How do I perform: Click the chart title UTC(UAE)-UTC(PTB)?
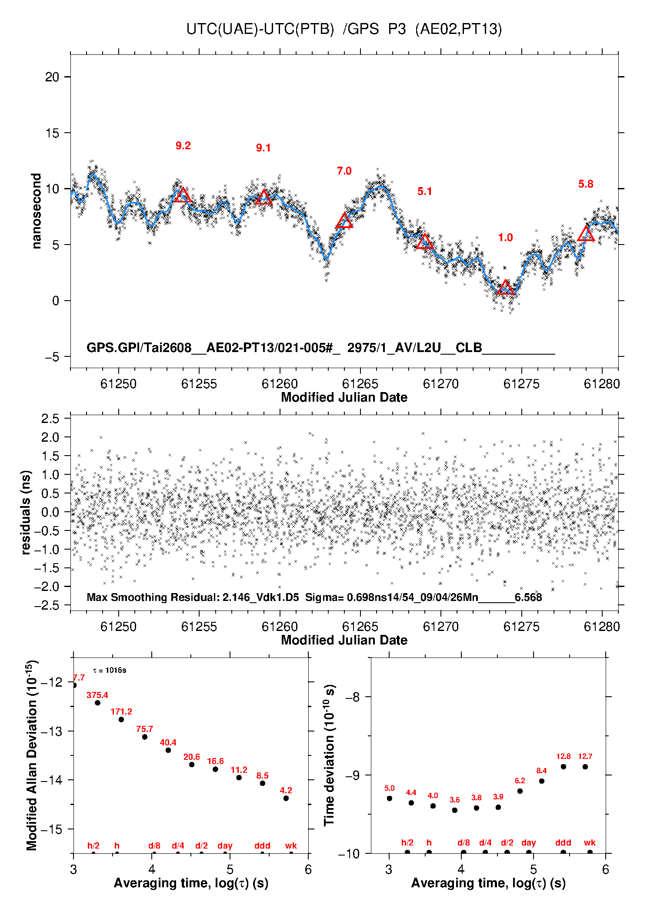[x=260, y=29]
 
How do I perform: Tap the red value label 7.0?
[x=344, y=171]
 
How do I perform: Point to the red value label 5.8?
[x=586, y=184]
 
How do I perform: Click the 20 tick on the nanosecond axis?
[x=52, y=77]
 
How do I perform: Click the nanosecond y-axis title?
[x=36, y=211]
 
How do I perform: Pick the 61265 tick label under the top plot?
[x=360, y=384]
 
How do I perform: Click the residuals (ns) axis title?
[x=26, y=512]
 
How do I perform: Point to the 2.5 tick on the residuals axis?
[x=50, y=419]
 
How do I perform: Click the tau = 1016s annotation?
[x=110, y=670]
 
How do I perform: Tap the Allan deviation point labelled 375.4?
[x=97, y=703]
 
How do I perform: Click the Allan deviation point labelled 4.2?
[x=286, y=798]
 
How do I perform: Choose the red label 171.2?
[x=121, y=711]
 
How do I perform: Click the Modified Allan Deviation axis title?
[x=32, y=755]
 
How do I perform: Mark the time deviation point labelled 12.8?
[x=563, y=767]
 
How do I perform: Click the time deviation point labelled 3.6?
[x=455, y=810]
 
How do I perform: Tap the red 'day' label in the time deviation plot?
[x=529, y=843]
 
